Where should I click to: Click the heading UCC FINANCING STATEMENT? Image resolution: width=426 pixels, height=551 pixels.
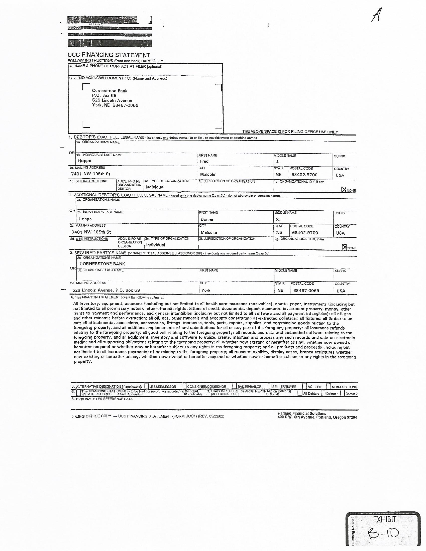coord(109,55)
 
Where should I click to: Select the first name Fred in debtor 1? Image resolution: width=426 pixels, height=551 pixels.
coord(204,161)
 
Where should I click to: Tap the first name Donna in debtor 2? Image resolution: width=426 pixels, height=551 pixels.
coord(207,219)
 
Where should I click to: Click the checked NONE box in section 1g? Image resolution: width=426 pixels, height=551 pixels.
coord(344,190)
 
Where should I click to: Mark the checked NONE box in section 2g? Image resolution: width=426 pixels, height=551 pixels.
coord(344,247)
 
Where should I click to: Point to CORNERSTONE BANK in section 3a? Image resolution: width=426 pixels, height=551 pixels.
coord(102,264)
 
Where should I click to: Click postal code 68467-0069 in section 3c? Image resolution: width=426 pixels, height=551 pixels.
coord(306,291)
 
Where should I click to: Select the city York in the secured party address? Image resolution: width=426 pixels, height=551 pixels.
coord(206,290)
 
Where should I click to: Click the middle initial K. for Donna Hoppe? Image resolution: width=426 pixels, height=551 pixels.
coord(278,219)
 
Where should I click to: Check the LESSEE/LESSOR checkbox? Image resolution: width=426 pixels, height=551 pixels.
coord(146,386)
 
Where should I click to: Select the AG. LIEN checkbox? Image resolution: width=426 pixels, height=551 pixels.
coord(305,386)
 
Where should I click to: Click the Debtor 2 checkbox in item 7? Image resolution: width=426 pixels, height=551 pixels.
coord(343,393)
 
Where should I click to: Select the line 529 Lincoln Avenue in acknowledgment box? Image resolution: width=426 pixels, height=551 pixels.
coord(112,100)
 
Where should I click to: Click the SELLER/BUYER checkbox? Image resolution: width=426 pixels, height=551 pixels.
coord(269,386)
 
